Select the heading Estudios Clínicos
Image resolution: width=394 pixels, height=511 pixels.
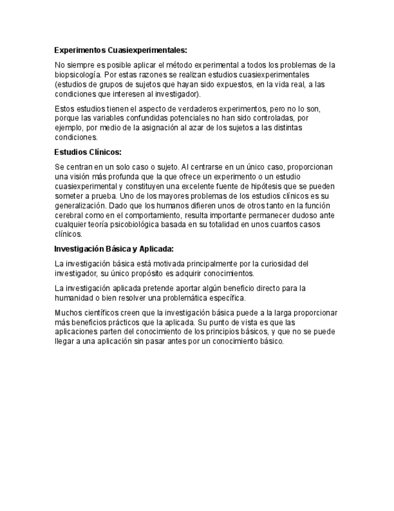coord(88,152)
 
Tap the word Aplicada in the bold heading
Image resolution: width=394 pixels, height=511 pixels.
coord(155,248)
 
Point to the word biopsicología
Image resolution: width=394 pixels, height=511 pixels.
coord(78,75)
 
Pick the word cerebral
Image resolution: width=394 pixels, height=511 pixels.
coord(69,215)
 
